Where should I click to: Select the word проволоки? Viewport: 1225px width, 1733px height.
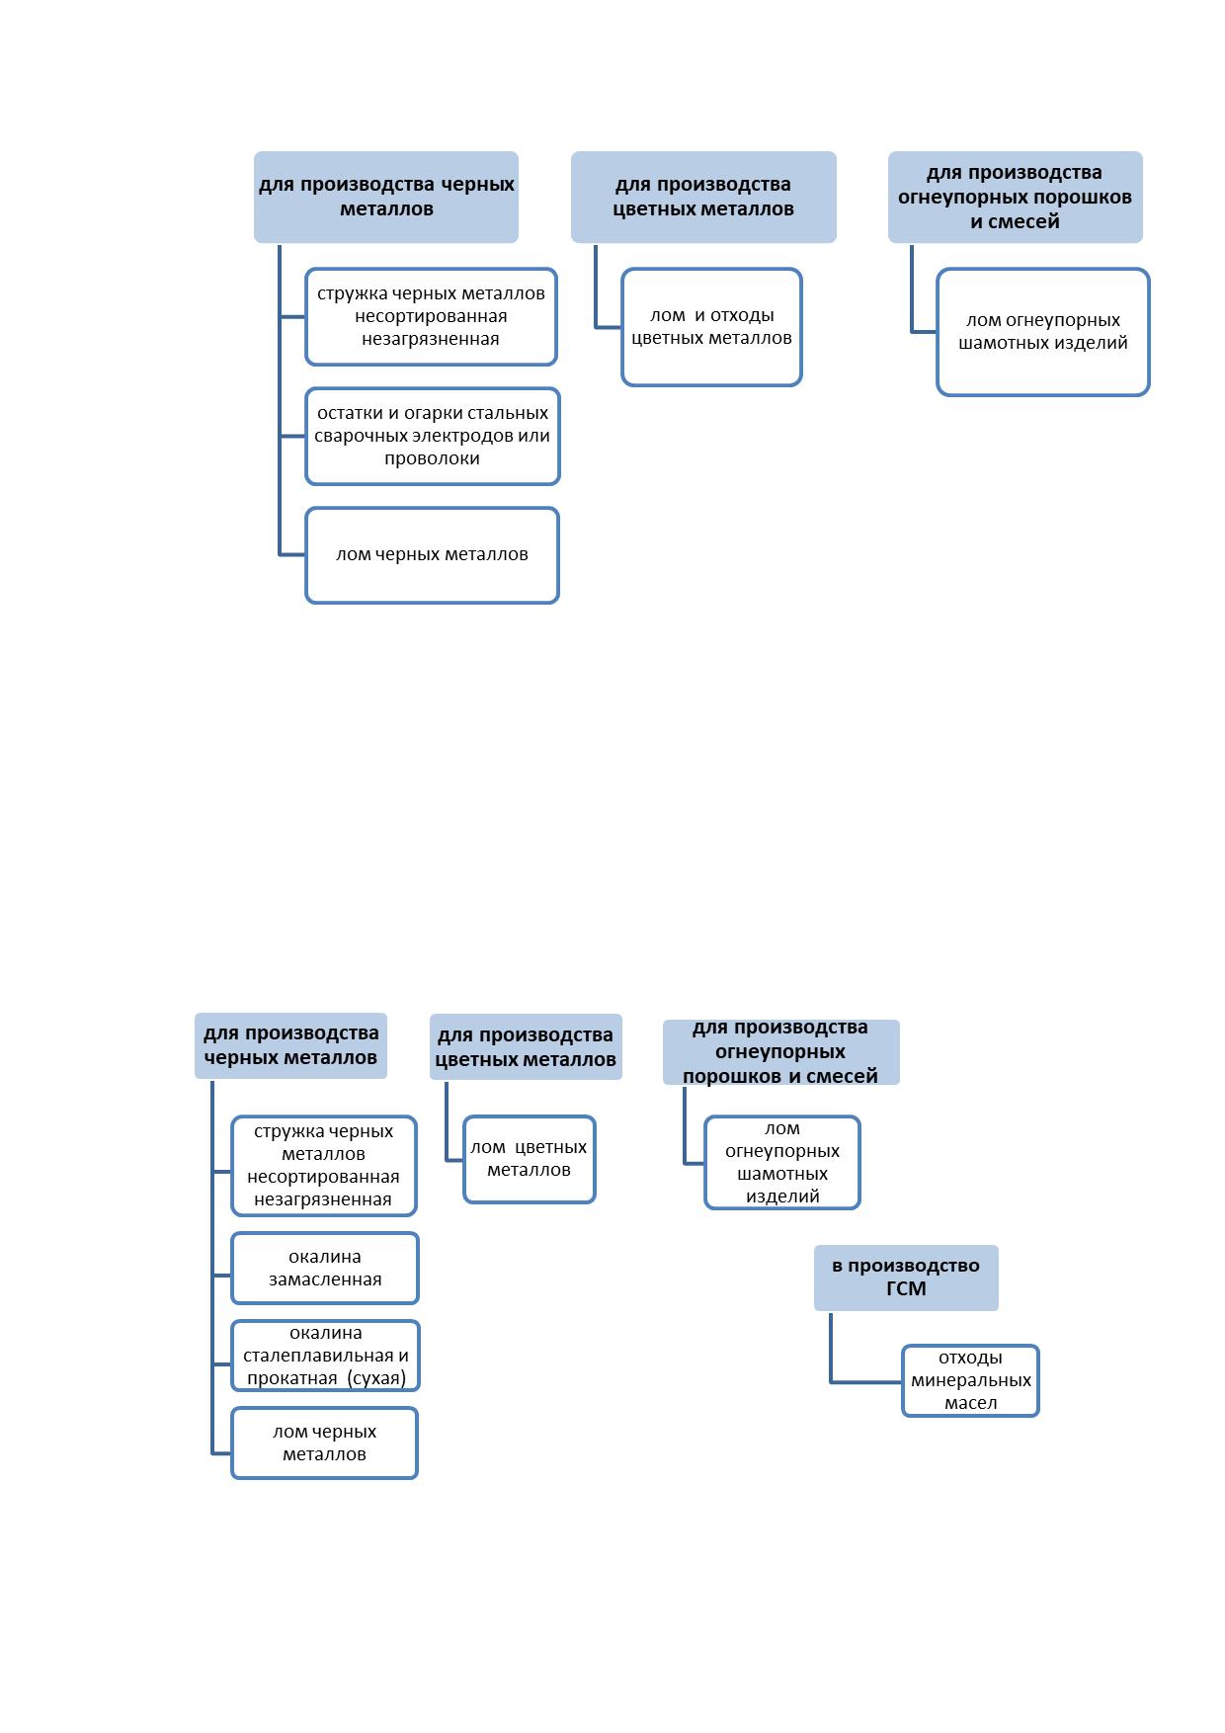pyautogui.click(x=432, y=458)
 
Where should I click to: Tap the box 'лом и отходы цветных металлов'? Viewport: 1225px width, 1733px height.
pyautogui.click(x=711, y=327)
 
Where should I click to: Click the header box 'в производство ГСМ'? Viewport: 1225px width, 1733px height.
pyautogui.click(x=906, y=1278)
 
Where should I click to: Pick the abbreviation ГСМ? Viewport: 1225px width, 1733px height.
pyautogui.click(x=906, y=1288)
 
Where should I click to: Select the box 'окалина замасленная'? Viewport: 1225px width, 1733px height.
pyautogui.click(x=325, y=1268)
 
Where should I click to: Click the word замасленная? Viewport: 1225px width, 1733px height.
pyautogui.click(x=325, y=1279)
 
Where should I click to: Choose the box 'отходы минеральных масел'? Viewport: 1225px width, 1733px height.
pyautogui.click(x=970, y=1380)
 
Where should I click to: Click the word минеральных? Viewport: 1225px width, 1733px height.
pyautogui.click(x=971, y=1380)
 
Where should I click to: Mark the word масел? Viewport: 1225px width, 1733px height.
pyautogui.click(x=971, y=1403)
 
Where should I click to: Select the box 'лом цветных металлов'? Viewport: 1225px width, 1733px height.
pyautogui.click(x=530, y=1159)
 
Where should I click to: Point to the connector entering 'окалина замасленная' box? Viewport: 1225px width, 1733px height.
pyautogui.click(x=222, y=1276)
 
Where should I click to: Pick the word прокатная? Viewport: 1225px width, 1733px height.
pyautogui.click(x=292, y=1378)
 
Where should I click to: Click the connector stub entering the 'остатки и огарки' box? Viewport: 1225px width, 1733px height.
pyautogui.click(x=293, y=436)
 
